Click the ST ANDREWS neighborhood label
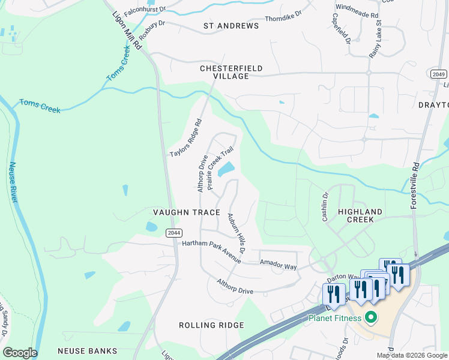tap(231, 26)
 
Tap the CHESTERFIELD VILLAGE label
tap(231, 73)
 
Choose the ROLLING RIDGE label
tap(211, 325)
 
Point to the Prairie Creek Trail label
tap(220, 170)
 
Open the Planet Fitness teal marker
tap(370, 318)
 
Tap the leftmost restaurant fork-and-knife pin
tap(334, 293)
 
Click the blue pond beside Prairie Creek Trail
tap(227, 170)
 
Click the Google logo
tap(20, 353)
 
